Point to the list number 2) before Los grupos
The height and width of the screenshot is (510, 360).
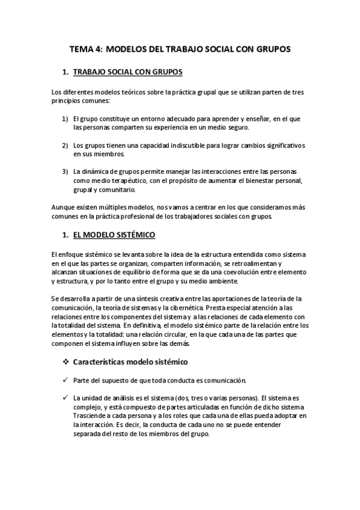65,146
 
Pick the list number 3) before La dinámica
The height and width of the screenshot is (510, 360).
65,172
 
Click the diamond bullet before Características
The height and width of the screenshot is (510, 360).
66,362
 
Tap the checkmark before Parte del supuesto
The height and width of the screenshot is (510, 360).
65,381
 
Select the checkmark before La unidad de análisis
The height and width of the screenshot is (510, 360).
65,398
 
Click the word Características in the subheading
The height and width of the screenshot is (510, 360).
100,362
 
